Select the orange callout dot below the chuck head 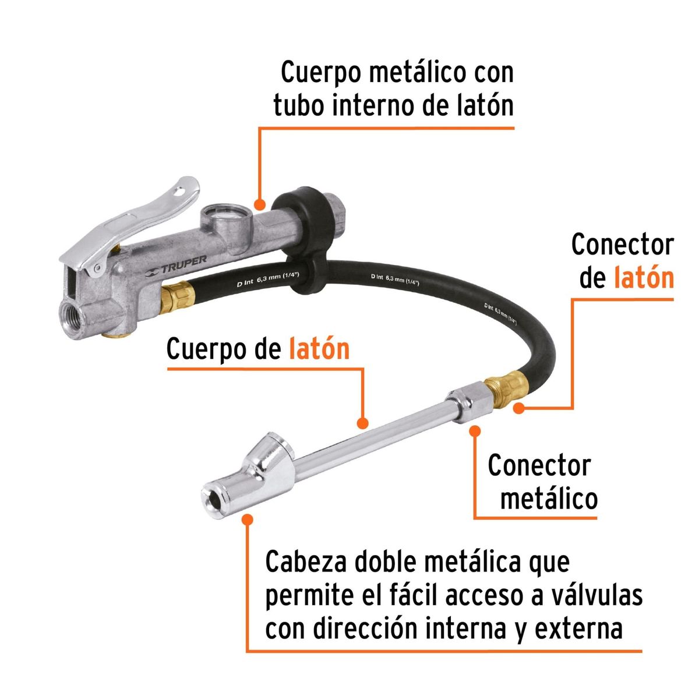pos(248,518)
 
